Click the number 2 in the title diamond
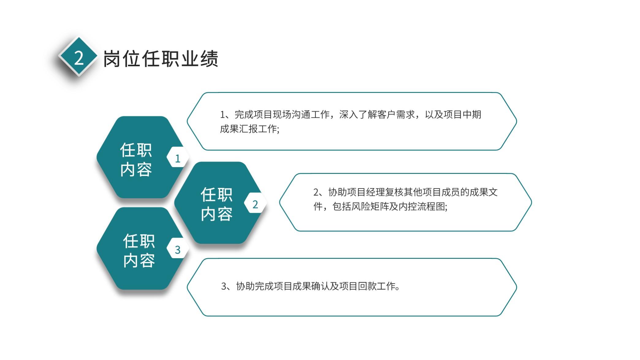[x=79, y=58]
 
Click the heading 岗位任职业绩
[x=161, y=58]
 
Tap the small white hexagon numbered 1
[x=178, y=157]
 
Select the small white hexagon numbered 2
[x=255, y=203]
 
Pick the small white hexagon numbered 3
[x=178, y=248]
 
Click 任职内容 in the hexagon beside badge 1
[x=136, y=159]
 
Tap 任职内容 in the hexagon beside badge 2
[x=217, y=204]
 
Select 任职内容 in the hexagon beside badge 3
[x=139, y=251]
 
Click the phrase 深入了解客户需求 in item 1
[x=377, y=115]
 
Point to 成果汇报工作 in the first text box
[x=248, y=129]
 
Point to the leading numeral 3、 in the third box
[x=226, y=286]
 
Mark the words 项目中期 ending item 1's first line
[x=462, y=115]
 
